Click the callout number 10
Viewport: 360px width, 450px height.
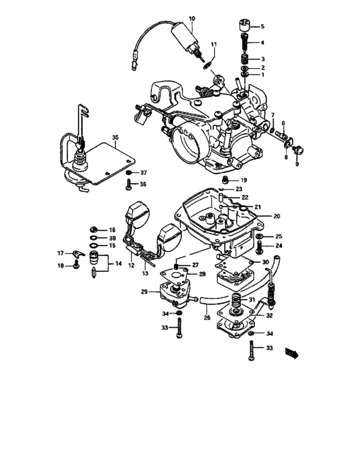(x=191, y=19)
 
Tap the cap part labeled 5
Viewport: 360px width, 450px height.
(x=244, y=26)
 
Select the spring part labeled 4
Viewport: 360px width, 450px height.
(x=245, y=44)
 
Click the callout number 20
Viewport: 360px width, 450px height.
(x=277, y=217)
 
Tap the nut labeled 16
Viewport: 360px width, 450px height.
(x=94, y=230)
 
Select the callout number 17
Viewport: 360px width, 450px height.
(x=60, y=252)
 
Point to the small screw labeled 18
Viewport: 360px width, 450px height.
(x=76, y=265)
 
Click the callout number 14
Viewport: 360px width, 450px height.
(x=118, y=264)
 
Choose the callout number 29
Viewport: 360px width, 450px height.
(x=145, y=292)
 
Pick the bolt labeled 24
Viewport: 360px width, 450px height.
(x=261, y=246)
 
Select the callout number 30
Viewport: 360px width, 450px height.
(x=265, y=262)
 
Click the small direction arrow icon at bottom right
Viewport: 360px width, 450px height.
(x=293, y=352)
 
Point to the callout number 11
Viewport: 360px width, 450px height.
(x=214, y=44)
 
